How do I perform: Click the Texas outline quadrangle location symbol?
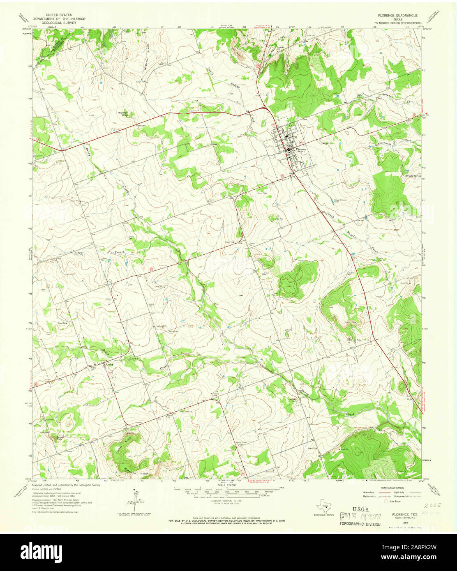[x=325, y=506]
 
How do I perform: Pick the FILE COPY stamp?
[x=360, y=517]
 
